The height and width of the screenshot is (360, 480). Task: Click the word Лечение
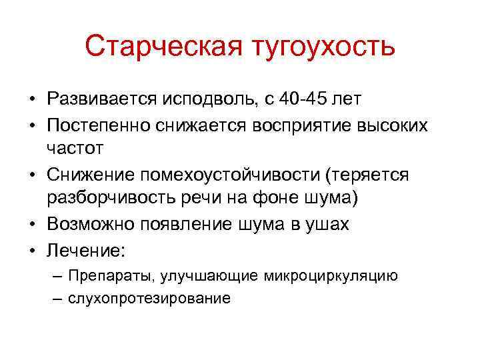85,249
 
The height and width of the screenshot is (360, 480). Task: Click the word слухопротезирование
149,298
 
